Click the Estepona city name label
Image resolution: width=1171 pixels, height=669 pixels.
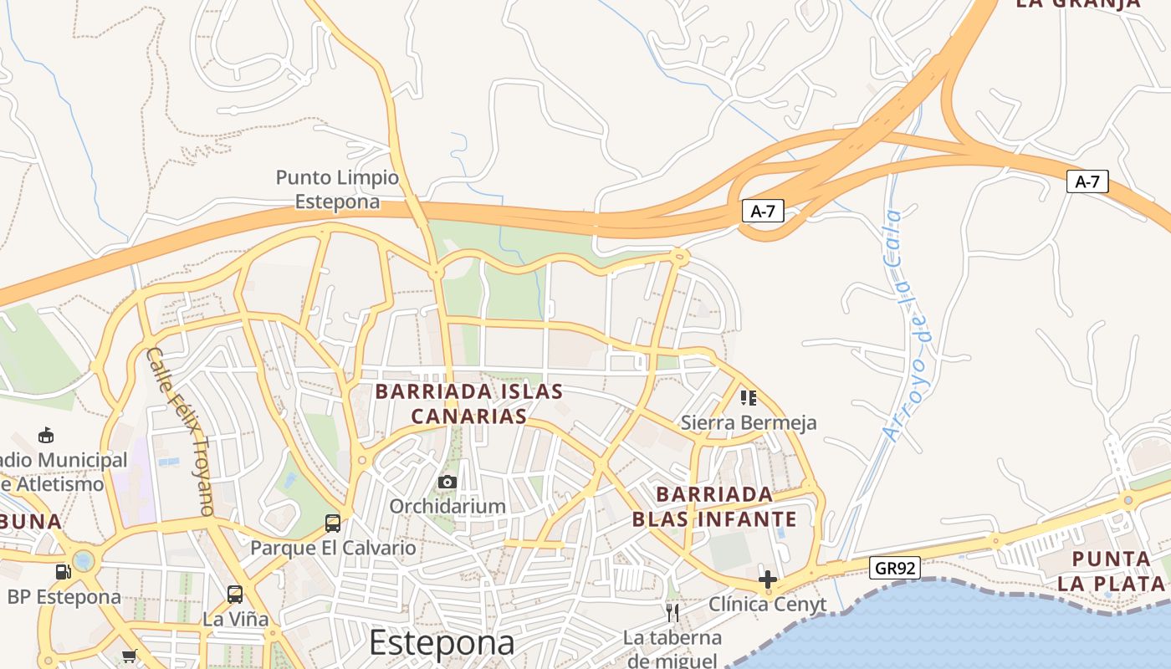442,642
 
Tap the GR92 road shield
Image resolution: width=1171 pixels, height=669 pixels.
894,569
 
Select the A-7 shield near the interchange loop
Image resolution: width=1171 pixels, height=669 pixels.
762,212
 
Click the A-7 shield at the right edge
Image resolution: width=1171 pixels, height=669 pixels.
1087,181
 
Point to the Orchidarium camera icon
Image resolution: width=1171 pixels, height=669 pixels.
447,482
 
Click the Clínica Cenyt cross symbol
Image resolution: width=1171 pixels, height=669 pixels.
767,579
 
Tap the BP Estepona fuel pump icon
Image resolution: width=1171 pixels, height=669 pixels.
63,572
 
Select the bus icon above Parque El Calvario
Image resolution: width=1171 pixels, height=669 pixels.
332,523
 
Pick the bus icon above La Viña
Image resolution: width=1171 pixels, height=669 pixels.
235,595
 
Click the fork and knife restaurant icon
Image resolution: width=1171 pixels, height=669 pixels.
672,613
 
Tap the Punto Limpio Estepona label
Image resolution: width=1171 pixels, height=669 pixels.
337,190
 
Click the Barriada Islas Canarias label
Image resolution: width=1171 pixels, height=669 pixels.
468,403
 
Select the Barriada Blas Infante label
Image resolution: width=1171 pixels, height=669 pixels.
714,506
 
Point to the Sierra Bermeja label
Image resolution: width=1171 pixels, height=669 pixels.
748,422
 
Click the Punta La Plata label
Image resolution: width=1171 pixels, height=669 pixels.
1112,570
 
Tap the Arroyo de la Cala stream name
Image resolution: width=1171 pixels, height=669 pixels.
906,326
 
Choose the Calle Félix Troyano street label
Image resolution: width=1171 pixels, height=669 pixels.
181,431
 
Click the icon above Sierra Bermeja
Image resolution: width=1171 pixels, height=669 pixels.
748,397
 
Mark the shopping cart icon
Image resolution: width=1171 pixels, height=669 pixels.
129,656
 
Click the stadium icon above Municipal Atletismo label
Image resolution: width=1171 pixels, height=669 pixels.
46,435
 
